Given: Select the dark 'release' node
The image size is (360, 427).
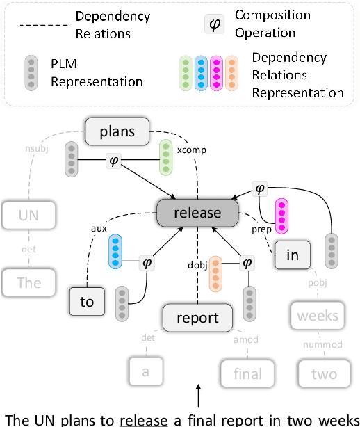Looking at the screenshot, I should [x=197, y=212].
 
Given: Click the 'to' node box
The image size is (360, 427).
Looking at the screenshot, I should [x=86, y=303].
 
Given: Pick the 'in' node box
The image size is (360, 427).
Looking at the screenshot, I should [x=292, y=255].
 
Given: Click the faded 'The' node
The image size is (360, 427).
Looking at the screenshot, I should [x=30, y=283].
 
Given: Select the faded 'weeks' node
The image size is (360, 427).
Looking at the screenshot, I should [x=317, y=316].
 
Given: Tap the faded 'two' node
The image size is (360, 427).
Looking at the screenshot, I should [x=324, y=373].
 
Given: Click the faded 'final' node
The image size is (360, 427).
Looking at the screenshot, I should [x=247, y=373].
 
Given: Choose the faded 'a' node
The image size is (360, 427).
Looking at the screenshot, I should [x=145, y=371].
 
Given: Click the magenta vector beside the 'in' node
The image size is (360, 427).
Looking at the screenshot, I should [x=281, y=216].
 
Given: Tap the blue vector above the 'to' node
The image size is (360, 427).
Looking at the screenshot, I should [x=116, y=251].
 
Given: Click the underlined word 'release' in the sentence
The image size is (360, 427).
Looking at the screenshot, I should [x=144, y=419].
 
